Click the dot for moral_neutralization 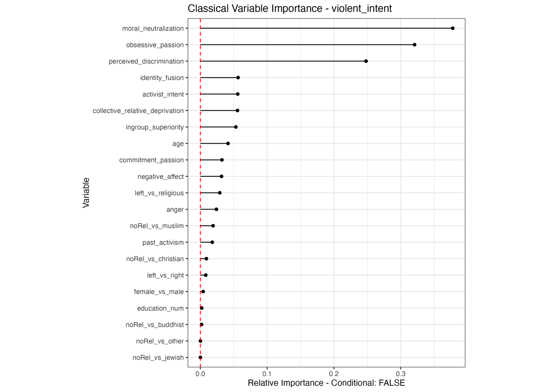point(453,28)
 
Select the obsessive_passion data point point(414,45)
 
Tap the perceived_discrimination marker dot point(366,61)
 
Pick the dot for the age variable point(228,144)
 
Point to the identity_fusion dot point(238,78)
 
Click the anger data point point(217,209)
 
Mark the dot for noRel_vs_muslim point(213,226)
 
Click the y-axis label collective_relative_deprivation point(138,111)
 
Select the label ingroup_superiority point(155,127)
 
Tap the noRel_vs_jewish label point(158,358)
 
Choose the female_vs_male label point(159,292)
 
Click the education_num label point(160,308)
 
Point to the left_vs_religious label point(159,193)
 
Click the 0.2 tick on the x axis point(334,374)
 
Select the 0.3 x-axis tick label point(401,374)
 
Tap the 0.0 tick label point(200,374)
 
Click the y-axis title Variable point(86,193)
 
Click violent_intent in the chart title point(362,8)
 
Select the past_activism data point point(212,242)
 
